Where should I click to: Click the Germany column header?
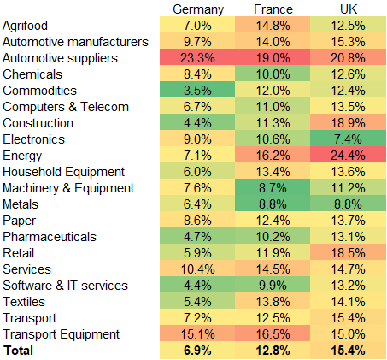[197, 9]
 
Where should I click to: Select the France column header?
[273, 9]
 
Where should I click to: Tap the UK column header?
[349, 9]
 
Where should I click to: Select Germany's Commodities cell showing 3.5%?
[197, 91]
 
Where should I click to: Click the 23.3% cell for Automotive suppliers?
[197, 58]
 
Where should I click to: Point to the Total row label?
[21, 351]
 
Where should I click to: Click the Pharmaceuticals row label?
[50, 237]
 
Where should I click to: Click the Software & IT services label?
[66, 286]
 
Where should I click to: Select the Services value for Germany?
[197, 269]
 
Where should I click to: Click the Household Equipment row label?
[64, 172]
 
